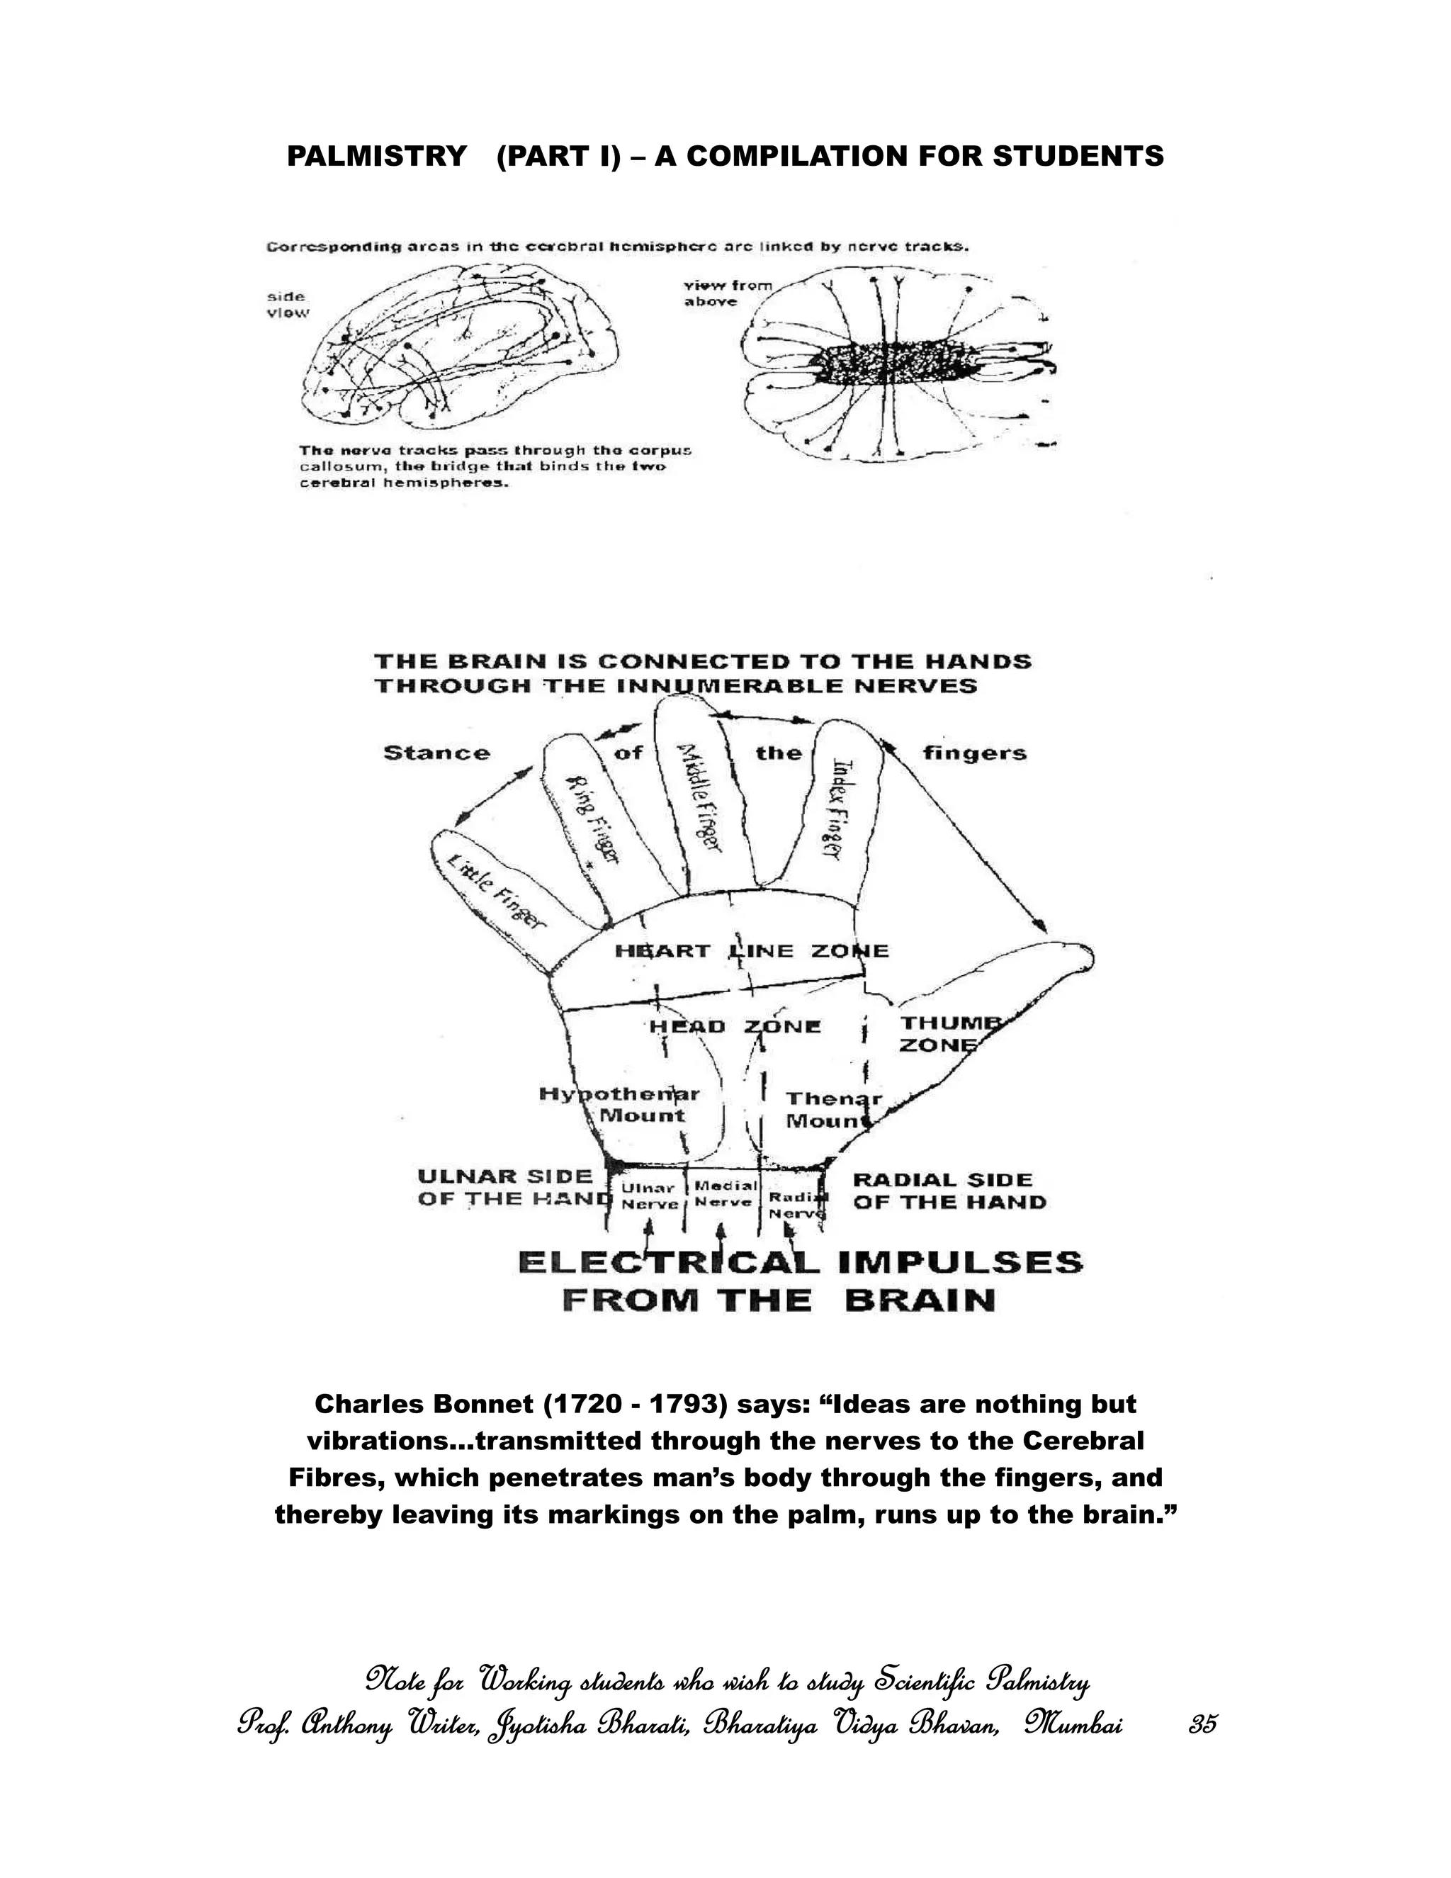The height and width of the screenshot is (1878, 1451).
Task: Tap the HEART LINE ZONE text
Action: click(751, 951)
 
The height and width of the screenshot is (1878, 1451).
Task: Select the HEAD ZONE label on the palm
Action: click(735, 1027)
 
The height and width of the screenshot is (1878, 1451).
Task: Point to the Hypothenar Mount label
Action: click(620, 1105)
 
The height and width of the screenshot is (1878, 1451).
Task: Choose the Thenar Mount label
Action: click(823, 1110)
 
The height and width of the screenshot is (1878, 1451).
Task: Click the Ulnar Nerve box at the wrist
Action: click(649, 1196)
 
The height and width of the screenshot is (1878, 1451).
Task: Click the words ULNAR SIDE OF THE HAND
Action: click(512, 1188)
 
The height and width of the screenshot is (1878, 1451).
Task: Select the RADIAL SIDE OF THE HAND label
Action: click(948, 1191)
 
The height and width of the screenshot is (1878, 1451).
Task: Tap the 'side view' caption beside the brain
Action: click(286, 305)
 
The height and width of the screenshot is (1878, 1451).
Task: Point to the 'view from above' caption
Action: click(727, 293)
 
